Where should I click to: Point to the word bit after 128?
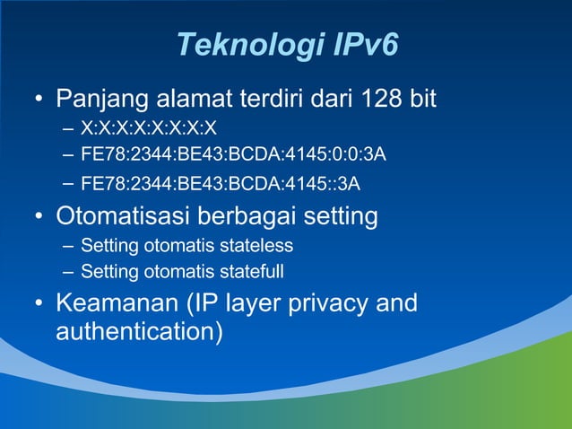pyautogui.click(x=422, y=97)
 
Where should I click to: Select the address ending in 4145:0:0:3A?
pyautogui.click(x=233, y=155)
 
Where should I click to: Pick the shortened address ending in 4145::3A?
pyautogui.click(x=221, y=185)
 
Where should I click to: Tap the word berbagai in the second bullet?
pyautogui.click(x=260, y=216)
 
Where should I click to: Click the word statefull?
pyautogui.click(x=246, y=271)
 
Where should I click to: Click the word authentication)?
pyautogui.click(x=139, y=332)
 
